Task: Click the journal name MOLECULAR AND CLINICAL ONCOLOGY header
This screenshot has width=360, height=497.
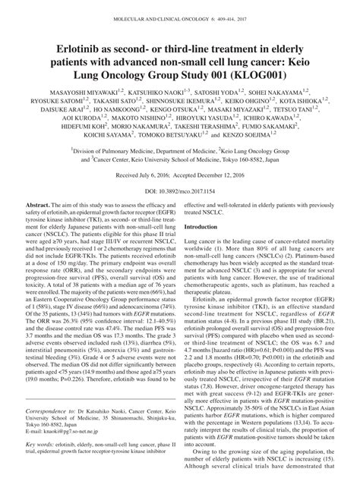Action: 152,8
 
